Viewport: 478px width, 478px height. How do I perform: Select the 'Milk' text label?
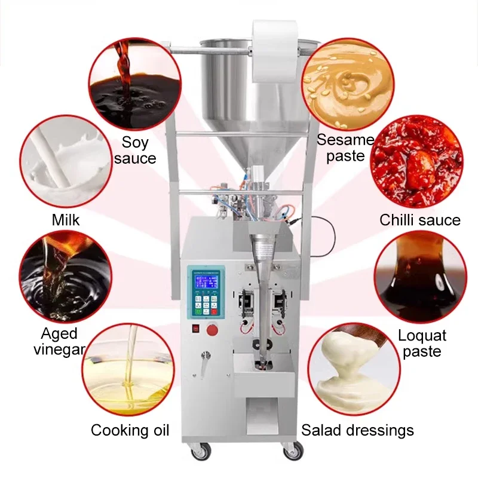coord(66,219)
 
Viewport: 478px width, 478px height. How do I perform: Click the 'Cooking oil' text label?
coord(130,430)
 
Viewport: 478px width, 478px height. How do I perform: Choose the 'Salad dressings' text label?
coord(357,430)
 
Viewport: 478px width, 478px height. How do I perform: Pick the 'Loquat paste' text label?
coord(422,343)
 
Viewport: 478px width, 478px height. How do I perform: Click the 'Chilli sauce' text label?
coord(420,220)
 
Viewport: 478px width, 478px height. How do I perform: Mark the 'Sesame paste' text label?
coord(345,148)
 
